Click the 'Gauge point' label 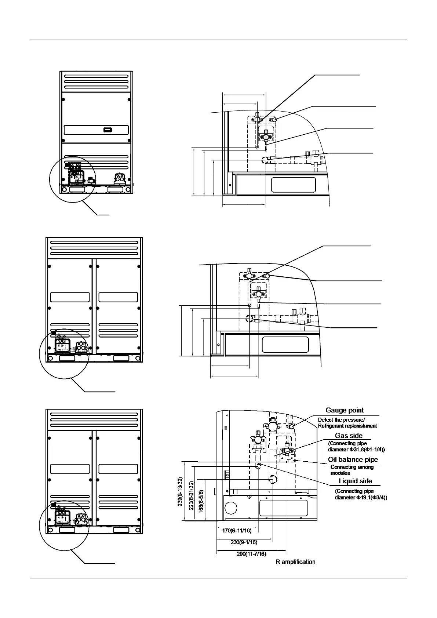(345, 410)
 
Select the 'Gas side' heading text (349, 436)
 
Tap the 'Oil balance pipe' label (353, 459)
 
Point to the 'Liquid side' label (355, 481)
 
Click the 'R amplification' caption (295, 562)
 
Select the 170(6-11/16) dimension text (237, 531)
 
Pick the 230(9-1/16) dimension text (244, 542)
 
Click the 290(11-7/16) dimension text (251, 554)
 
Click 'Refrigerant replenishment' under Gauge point (347, 426)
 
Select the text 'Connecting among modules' (352, 470)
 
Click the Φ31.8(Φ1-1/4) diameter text (356, 450)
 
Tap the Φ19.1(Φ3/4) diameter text (361, 498)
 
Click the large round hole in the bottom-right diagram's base (231, 508)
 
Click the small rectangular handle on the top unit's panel (107, 130)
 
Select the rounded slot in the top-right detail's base (294, 185)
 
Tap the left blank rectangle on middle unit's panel (70, 297)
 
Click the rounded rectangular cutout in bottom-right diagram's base (280, 508)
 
